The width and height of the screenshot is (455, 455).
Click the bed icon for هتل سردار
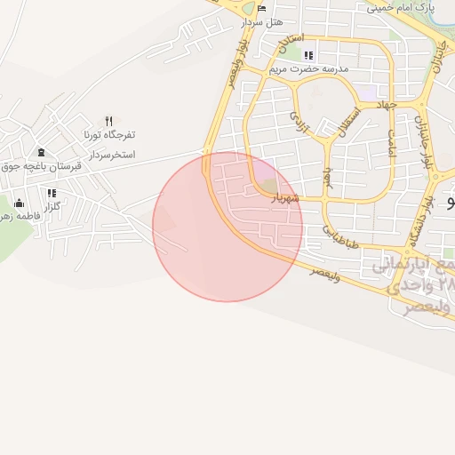coord(261,9)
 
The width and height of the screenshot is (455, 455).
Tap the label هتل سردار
coord(267,21)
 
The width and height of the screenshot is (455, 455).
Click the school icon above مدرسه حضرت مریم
coord(308,55)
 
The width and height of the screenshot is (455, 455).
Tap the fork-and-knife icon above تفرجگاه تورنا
coord(108,121)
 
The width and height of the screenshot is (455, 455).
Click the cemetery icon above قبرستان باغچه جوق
coord(42,152)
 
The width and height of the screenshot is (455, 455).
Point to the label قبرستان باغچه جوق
coord(41,166)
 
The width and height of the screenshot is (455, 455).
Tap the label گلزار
coord(52,206)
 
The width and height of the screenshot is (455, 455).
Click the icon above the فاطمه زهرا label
coord(19,204)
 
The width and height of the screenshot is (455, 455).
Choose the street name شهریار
coord(286,197)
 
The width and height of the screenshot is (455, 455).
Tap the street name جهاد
coord(383,105)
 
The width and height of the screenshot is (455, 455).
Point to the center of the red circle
coord(227,227)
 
